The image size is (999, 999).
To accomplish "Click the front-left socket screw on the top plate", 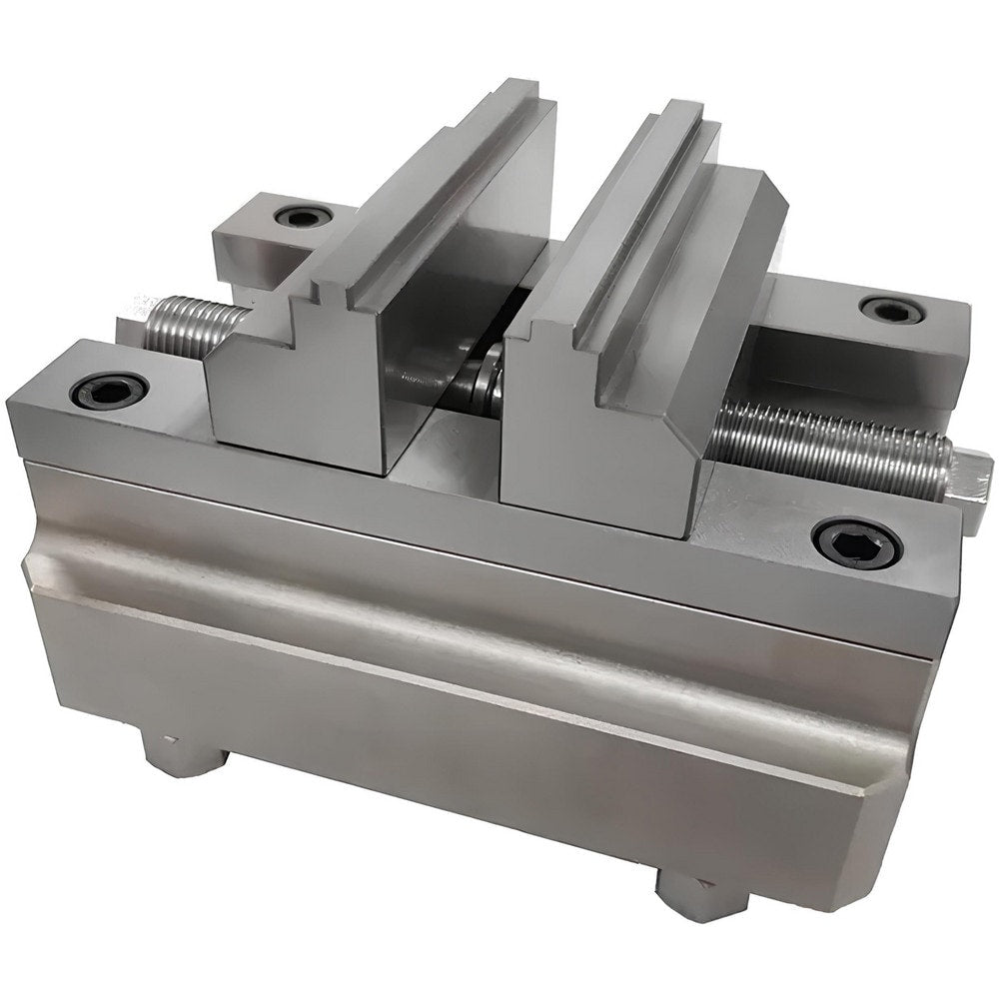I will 110,390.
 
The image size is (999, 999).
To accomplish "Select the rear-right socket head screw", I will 891,310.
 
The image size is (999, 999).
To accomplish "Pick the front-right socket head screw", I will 856,541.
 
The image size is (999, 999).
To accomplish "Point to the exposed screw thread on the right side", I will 829,450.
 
